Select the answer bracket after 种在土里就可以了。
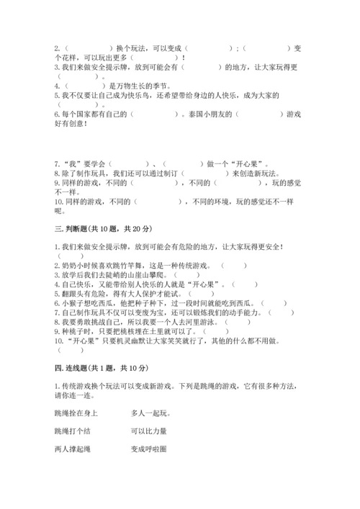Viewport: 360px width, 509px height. coord(215,331)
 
